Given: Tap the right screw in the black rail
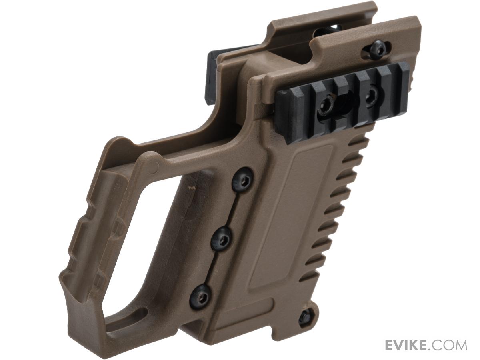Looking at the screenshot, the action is [371, 96].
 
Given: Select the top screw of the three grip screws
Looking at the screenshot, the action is [242, 180].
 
